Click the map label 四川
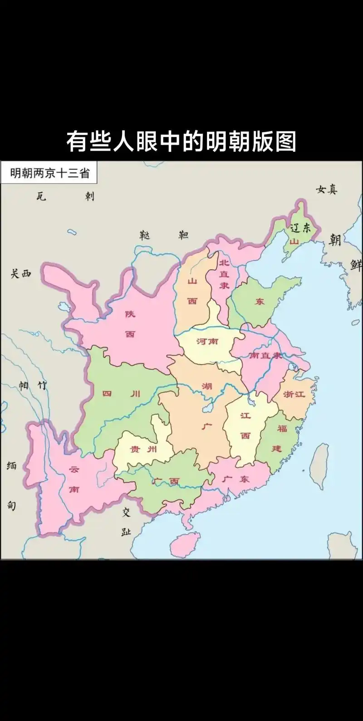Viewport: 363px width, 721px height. [x=121, y=394]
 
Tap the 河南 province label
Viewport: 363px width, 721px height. [x=207, y=341]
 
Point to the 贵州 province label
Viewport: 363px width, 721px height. [x=143, y=449]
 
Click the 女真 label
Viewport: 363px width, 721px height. [x=327, y=190]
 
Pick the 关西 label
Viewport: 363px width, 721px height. [x=20, y=273]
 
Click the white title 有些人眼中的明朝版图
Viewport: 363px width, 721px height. [x=181, y=142]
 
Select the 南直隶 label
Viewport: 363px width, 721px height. [x=265, y=356]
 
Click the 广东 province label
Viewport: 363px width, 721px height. [x=237, y=479]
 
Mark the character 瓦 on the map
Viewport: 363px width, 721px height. [x=41, y=197]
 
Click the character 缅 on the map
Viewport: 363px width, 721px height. [x=11, y=466]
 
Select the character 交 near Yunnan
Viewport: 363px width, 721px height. [x=126, y=513]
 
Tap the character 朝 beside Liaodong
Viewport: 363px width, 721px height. [x=335, y=239]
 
